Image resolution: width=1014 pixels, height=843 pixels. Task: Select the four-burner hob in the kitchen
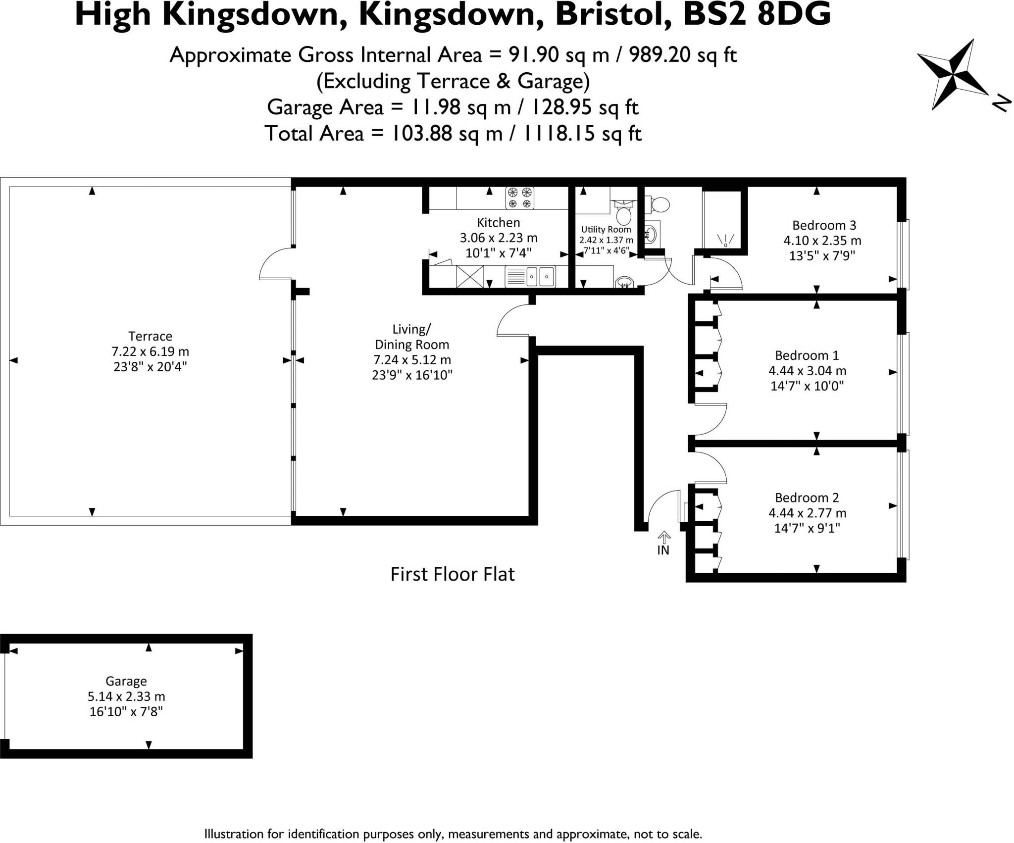pos(520,198)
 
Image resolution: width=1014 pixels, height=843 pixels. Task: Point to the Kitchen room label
pos(498,222)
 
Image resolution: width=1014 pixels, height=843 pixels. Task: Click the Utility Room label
pos(606,229)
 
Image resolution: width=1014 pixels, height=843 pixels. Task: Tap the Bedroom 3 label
pos(824,225)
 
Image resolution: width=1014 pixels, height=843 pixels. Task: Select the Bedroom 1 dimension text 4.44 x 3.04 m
pos(807,370)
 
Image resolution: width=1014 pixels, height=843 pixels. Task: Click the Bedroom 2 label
pos(807,497)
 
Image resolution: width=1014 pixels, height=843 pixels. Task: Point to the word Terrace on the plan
pos(150,336)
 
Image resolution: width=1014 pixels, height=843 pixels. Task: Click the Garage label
pos(126,681)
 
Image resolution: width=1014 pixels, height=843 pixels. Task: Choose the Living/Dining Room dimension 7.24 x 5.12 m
pos(412,359)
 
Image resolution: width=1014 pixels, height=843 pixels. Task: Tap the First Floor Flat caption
pos(453,574)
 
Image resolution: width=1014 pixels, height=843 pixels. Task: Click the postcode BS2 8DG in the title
pos(757,15)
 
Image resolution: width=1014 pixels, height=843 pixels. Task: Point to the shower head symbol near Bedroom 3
pos(725,241)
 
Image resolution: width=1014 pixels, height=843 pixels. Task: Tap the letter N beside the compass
pos(1001,103)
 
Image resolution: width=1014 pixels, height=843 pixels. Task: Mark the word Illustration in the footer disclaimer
pos(235,834)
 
